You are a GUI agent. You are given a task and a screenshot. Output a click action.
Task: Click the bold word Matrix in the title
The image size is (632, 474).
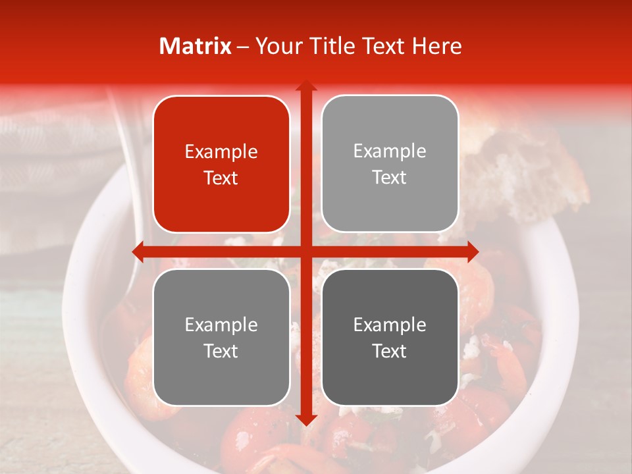(196, 46)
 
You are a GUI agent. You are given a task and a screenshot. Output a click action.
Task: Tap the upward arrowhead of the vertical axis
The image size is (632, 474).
(305, 86)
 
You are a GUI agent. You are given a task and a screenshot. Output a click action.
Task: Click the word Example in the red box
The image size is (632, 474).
(221, 152)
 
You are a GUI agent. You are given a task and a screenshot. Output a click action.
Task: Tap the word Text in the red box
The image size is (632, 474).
(221, 178)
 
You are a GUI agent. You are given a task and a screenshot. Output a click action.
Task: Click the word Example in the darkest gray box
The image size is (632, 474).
(390, 325)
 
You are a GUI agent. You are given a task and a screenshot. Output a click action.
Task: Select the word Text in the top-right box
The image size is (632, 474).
(390, 178)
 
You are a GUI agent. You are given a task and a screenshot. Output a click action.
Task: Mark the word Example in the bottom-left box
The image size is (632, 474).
(221, 325)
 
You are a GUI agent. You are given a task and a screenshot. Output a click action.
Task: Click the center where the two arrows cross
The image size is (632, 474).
(305, 251)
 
